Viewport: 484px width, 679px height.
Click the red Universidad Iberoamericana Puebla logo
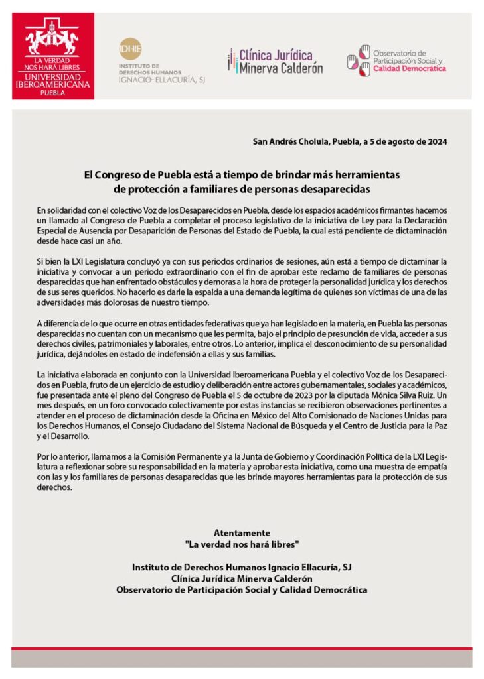pos(53,56)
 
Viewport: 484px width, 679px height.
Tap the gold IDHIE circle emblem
pos(129,49)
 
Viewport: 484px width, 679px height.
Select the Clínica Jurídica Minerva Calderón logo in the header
pos(275,61)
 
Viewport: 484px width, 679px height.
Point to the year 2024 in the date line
pos(436,141)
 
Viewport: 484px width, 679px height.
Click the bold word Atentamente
pos(242,533)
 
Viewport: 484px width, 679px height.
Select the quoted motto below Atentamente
pos(242,544)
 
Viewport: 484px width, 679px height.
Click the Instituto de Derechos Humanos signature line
pos(242,568)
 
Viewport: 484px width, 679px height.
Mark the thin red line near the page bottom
pos(242,648)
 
